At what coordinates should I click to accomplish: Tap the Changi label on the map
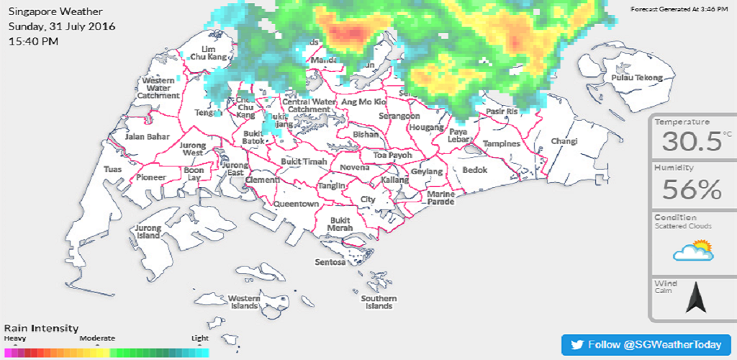pyautogui.click(x=564, y=141)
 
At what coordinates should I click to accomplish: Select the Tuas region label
pyautogui.click(x=113, y=169)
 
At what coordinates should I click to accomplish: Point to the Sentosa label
pyautogui.click(x=330, y=262)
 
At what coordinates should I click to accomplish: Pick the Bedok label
pyautogui.click(x=475, y=170)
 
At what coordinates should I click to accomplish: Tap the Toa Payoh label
pyautogui.click(x=392, y=155)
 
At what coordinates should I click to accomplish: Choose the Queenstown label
pyautogui.click(x=295, y=204)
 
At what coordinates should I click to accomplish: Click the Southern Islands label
pyautogui.click(x=379, y=302)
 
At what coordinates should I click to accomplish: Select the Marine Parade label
pyautogui.click(x=440, y=198)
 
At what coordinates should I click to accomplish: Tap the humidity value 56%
pyautogui.click(x=692, y=190)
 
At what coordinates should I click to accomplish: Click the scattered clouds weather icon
pyautogui.click(x=692, y=251)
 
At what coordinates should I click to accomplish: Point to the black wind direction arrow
pyautogui.click(x=696, y=297)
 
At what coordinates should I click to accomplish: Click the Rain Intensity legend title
pyautogui.click(x=41, y=328)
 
